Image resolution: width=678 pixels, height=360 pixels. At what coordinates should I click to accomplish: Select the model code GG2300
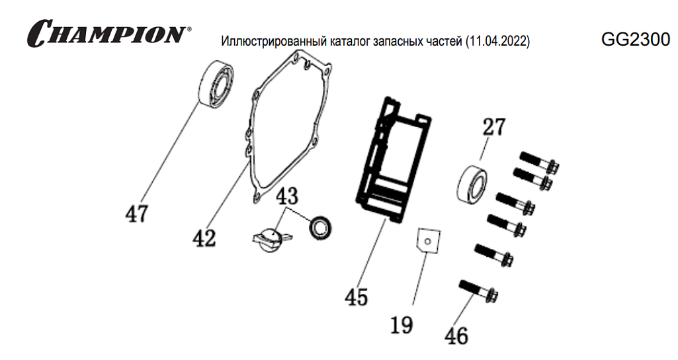coord(635,40)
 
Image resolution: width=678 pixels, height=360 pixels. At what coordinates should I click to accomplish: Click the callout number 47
coord(137,213)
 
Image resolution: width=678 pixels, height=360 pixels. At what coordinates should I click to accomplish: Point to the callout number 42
coord(204,237)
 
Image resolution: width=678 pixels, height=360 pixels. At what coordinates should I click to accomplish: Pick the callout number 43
coord(287,197)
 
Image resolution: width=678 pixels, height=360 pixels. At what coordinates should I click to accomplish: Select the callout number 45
coord(356,297)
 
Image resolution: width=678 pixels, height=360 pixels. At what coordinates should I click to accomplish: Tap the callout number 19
coord(402,325)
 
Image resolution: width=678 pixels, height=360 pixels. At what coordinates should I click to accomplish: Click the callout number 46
coord(456,336)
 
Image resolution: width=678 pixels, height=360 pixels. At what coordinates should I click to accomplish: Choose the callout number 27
coord(493,127)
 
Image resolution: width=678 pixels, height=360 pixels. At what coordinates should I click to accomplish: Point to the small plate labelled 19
coord(427,240)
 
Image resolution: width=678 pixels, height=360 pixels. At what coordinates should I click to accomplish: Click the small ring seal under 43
coord(323,228)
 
